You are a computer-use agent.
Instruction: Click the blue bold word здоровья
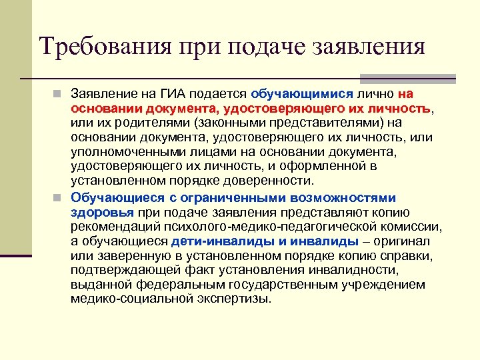pyautogui.click(x=102, y=211)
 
